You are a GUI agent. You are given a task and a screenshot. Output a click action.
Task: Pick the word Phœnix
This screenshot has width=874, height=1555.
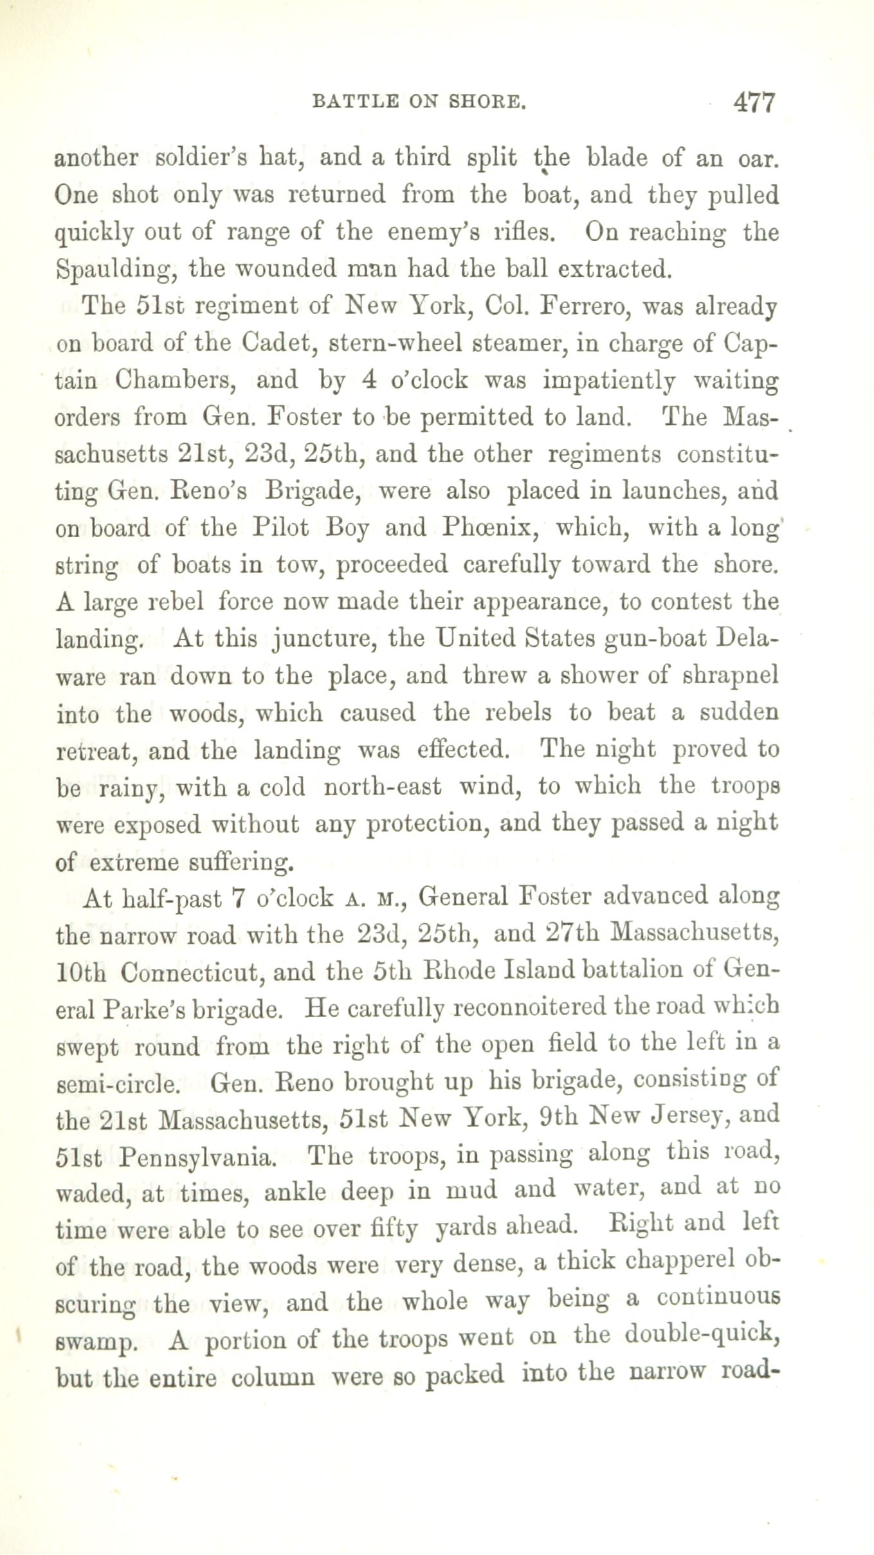click(x=478, y=528)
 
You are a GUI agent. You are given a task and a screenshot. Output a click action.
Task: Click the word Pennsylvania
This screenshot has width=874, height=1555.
click(x=197, y=1157)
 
